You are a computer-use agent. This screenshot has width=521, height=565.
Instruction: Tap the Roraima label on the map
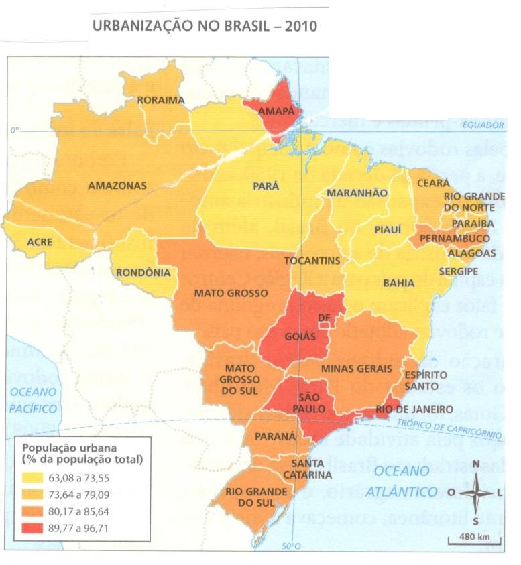click(160, 100)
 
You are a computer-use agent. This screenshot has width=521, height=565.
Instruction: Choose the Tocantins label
click(312, 260)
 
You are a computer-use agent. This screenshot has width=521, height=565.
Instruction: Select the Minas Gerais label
click(356, 368)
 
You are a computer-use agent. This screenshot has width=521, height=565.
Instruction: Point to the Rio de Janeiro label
click(414, 409)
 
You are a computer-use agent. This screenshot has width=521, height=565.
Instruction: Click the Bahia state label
click(398, 283)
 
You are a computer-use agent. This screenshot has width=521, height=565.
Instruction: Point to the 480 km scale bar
click(474, 538)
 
